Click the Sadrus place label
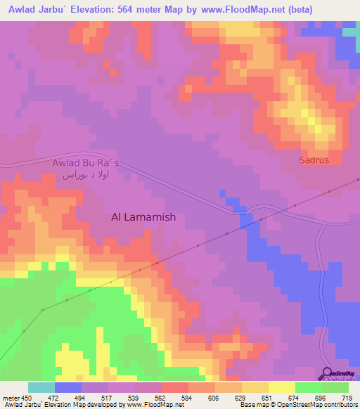click(314, 160)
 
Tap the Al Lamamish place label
click(143, 217)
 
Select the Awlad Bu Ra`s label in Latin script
click(86, 163)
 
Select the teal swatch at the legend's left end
click(41, 387)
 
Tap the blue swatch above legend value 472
click(67, 387)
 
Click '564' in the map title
click(135, 10)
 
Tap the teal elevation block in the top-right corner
click(350, 32)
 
